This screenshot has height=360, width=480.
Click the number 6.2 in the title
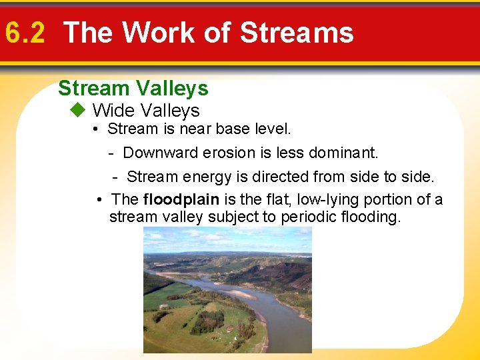click(x=25, y=33)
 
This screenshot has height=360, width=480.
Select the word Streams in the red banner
click(x=296, y=33)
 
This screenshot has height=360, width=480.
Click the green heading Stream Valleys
click(x=133, y=88)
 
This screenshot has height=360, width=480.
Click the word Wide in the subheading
click(x=113, y=110)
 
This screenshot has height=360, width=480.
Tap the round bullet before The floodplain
click(x=99, y=199)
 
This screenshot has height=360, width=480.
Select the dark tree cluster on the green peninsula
click(x=207, y=321)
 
